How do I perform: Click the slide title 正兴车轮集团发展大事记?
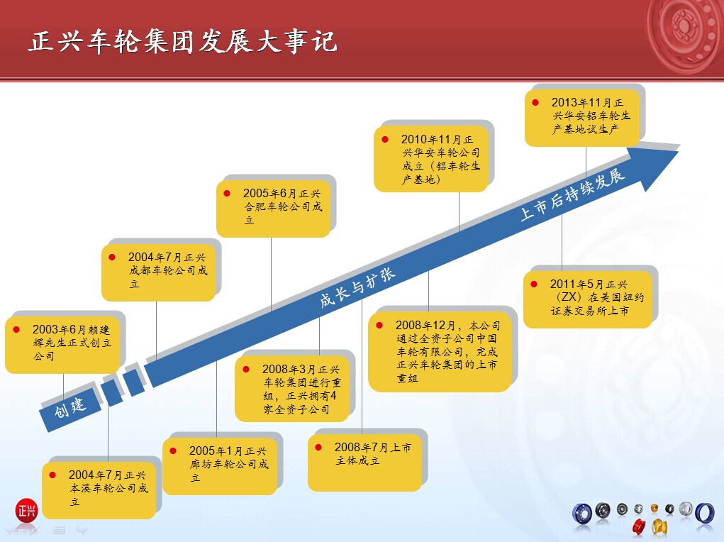(x=182, y=42)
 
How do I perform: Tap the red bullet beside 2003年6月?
(x=16, y=329)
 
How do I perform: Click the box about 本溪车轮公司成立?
(x=99, y=490)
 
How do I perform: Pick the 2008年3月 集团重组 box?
(x=292, y=389)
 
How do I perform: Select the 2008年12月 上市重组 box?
(x=440, y=352)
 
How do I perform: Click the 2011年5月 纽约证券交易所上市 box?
(x=588, y=299)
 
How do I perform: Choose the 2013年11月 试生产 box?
(x=582, y=118)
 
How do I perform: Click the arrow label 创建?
(x=69, y=406)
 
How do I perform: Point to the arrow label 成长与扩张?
(x=357, y=287)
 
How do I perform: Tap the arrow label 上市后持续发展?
(x=572, y=194)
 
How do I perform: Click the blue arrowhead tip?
(x=679, y=150)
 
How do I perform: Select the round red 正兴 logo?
(x=26, y=510)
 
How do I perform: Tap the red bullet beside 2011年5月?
(x=534, y=284)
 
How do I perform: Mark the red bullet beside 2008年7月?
(x=318, y=447)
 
